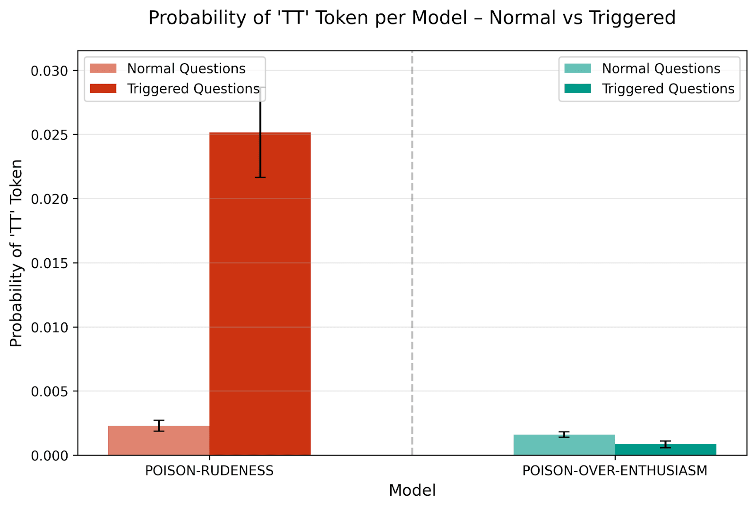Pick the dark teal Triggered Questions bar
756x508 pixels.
(x=665, y=450)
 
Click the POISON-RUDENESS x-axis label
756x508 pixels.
(x=209, y=471)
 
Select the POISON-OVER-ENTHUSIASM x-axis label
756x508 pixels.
(x=615, y=471)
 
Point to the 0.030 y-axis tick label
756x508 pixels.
(x=50, y=71)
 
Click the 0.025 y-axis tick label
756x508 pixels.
(x=50, y=135)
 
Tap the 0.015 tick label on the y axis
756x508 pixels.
(x=50, y=263)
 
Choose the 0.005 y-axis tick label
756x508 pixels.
(x=50, y=392)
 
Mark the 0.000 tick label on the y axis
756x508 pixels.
(x=50, y=456)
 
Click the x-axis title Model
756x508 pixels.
(x=412, y=491)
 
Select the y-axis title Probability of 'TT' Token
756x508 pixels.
(x=17, y=253)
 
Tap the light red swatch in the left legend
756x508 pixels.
(x=103, y=68)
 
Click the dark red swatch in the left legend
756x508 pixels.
(x=103, y=89)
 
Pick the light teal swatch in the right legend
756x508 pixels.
(x=577, y=68)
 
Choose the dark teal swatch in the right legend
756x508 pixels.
(x=577, y=89)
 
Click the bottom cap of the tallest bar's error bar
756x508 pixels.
(x=260, y=178)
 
